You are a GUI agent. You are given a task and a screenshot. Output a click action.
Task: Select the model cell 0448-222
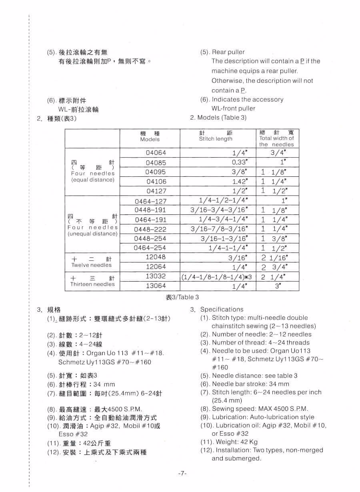coord(150,229)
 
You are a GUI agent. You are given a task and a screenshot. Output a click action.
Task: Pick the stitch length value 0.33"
coord(240,162)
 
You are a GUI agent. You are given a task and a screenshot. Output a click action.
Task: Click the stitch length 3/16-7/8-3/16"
coord(219,229)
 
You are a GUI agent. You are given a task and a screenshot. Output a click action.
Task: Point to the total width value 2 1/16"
coord(274,257)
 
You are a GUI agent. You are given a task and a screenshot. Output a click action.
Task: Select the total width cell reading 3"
coord(278,286)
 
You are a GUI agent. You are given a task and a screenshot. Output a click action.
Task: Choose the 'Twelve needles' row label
coord(92,265)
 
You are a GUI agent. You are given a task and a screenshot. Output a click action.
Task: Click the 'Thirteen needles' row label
coord(92,284)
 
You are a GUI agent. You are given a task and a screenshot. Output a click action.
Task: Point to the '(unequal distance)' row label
coord(92,234)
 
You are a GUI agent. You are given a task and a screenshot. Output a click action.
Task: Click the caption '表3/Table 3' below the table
coord(182,297)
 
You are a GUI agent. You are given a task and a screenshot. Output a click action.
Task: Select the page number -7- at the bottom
coord(182,473)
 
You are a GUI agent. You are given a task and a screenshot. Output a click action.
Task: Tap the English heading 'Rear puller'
coord(228,52)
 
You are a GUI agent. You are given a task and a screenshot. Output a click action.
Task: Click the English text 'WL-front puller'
coord(233,108)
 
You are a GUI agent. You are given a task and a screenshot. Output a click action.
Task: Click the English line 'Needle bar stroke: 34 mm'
coord(250,384)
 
